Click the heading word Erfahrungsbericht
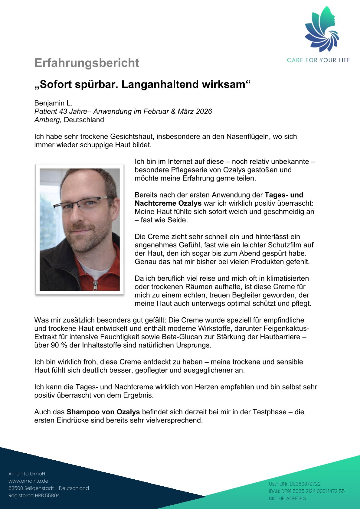(x=87, y=63)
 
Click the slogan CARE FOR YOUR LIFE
(x=318, y=60)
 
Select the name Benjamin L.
(x=53, y=103)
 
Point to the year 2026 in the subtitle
(x=204, y=111)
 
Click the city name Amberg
(x=48, y=120)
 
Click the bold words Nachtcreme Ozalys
(x=168, y=203)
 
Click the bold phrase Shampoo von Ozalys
(x=103, y=412)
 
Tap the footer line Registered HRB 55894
(x=34, y=495)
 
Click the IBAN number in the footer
(x=307, y=491)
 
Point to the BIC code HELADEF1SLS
(x=287, y=498)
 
